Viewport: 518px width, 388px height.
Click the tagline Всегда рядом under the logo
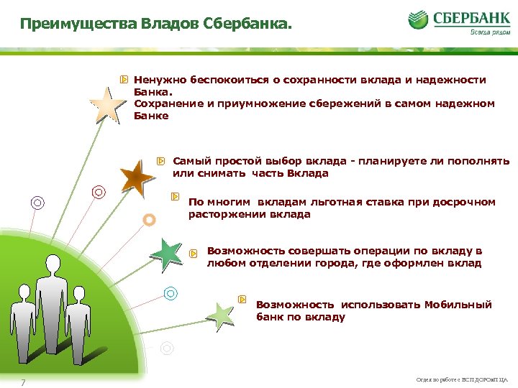[490, 32]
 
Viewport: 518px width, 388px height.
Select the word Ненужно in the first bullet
[158, 80]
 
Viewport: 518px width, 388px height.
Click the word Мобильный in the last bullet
[458, 305]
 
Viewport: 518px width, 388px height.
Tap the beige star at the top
[109, 105]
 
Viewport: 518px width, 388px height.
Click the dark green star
[167, 253]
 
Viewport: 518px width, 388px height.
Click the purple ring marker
[38, 203]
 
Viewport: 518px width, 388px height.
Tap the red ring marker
[99, 192]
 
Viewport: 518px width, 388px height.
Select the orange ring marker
[149, 220]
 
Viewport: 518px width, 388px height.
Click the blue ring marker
[171, 292]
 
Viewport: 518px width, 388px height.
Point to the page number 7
[23, 382]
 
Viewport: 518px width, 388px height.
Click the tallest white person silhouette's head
[50, 264]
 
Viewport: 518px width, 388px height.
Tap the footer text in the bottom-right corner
[463, 379]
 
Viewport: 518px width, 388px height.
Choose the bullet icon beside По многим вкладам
[175, 195]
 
